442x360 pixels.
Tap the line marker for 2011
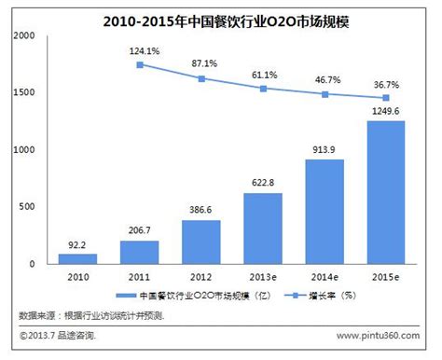tap(140, 64)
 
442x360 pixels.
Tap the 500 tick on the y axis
tap(28, 207)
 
